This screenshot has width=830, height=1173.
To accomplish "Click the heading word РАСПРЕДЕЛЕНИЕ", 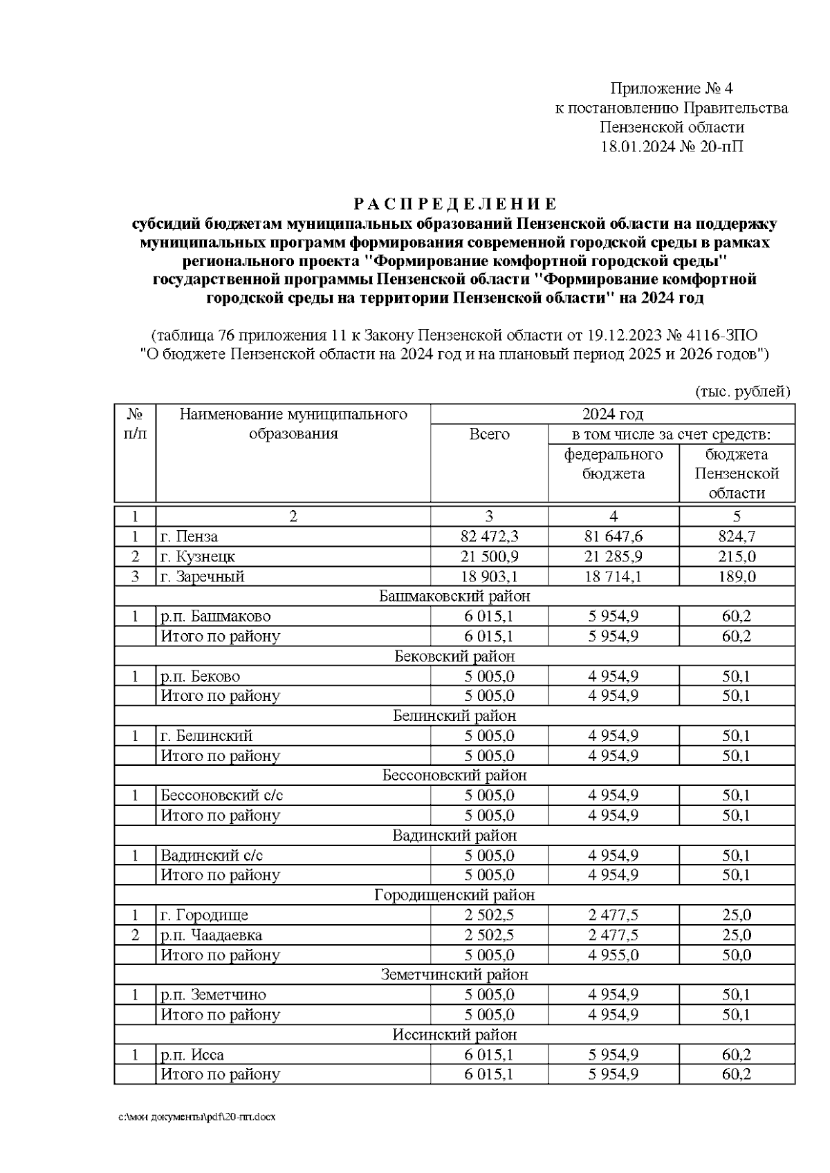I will tap(454, 204).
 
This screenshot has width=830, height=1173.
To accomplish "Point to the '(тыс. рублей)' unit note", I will tap(742, 392).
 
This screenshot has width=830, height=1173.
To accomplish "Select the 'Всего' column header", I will tap(489, 434).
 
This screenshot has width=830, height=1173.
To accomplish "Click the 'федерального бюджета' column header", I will tap(614, 464).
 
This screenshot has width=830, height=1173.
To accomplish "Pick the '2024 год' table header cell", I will tap(612, 414).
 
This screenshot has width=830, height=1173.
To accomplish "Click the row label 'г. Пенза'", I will tap(189, 536).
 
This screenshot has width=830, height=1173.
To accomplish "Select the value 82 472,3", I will tap(489, 536).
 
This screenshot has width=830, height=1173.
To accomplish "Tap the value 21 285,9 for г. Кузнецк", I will tap(614, 556).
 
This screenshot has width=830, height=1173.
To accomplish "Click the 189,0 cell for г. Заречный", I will tap(737, 576).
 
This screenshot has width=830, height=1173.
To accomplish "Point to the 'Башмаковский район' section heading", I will tap(454, 596).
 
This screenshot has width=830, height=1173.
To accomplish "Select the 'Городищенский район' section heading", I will tap(454, 895).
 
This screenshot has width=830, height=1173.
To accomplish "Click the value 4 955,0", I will tap(614, 955).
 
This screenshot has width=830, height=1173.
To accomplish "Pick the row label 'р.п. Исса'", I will tap(192, 1055).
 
